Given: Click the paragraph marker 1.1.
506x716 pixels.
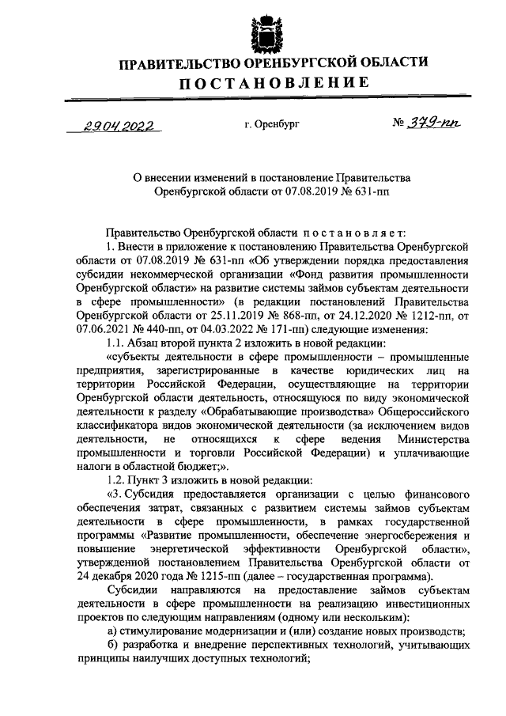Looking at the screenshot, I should (x=118, y=343).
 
